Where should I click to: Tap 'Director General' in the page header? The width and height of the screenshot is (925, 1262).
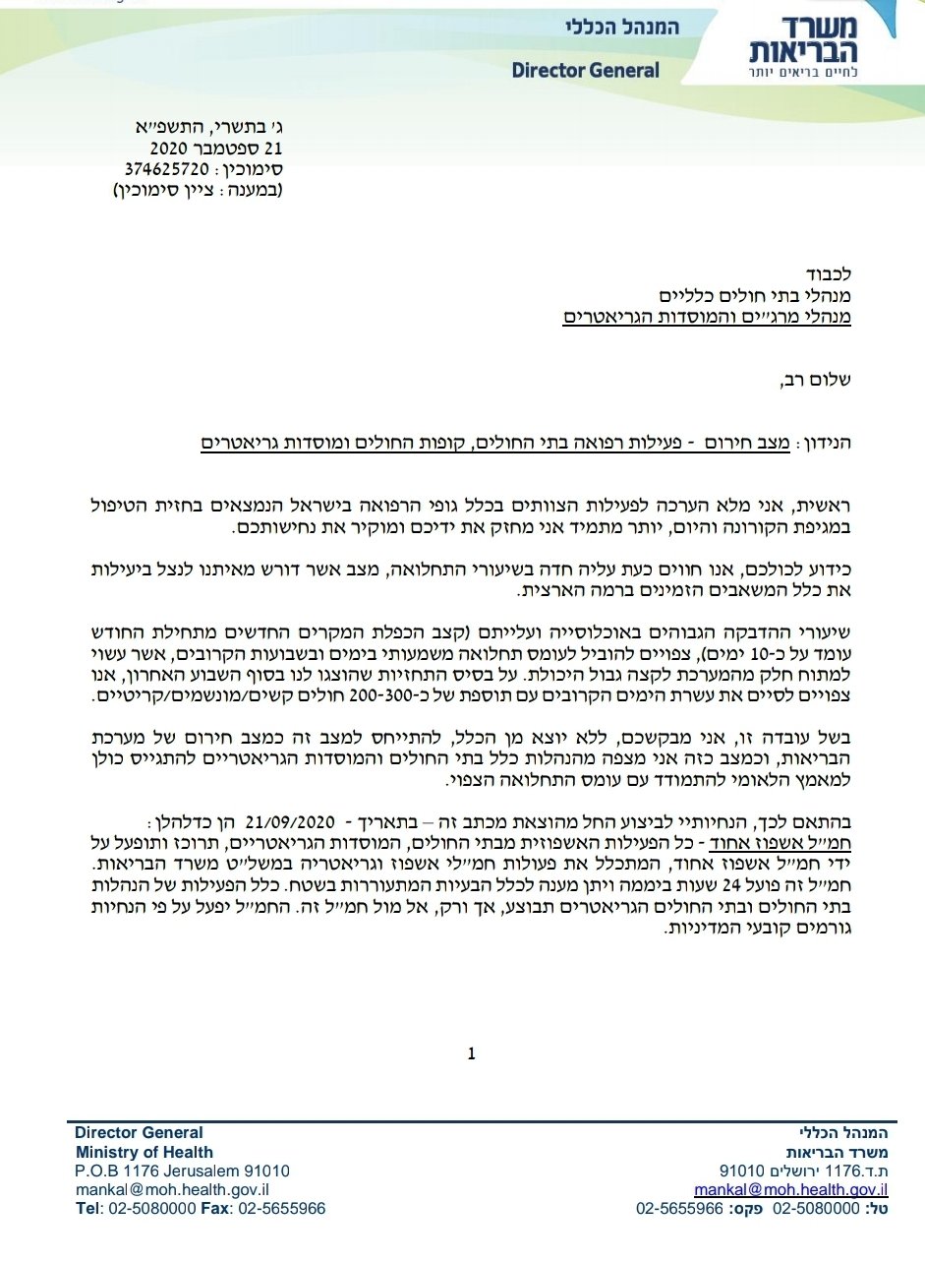click(586, 71)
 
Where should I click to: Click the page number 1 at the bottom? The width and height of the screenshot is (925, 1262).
click(472, 1054)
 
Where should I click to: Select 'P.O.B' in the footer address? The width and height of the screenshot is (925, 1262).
click(95, 1171)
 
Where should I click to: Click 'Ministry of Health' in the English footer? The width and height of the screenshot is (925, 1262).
click(145, 1152)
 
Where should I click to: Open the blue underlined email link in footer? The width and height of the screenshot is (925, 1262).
click(791, 1189)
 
